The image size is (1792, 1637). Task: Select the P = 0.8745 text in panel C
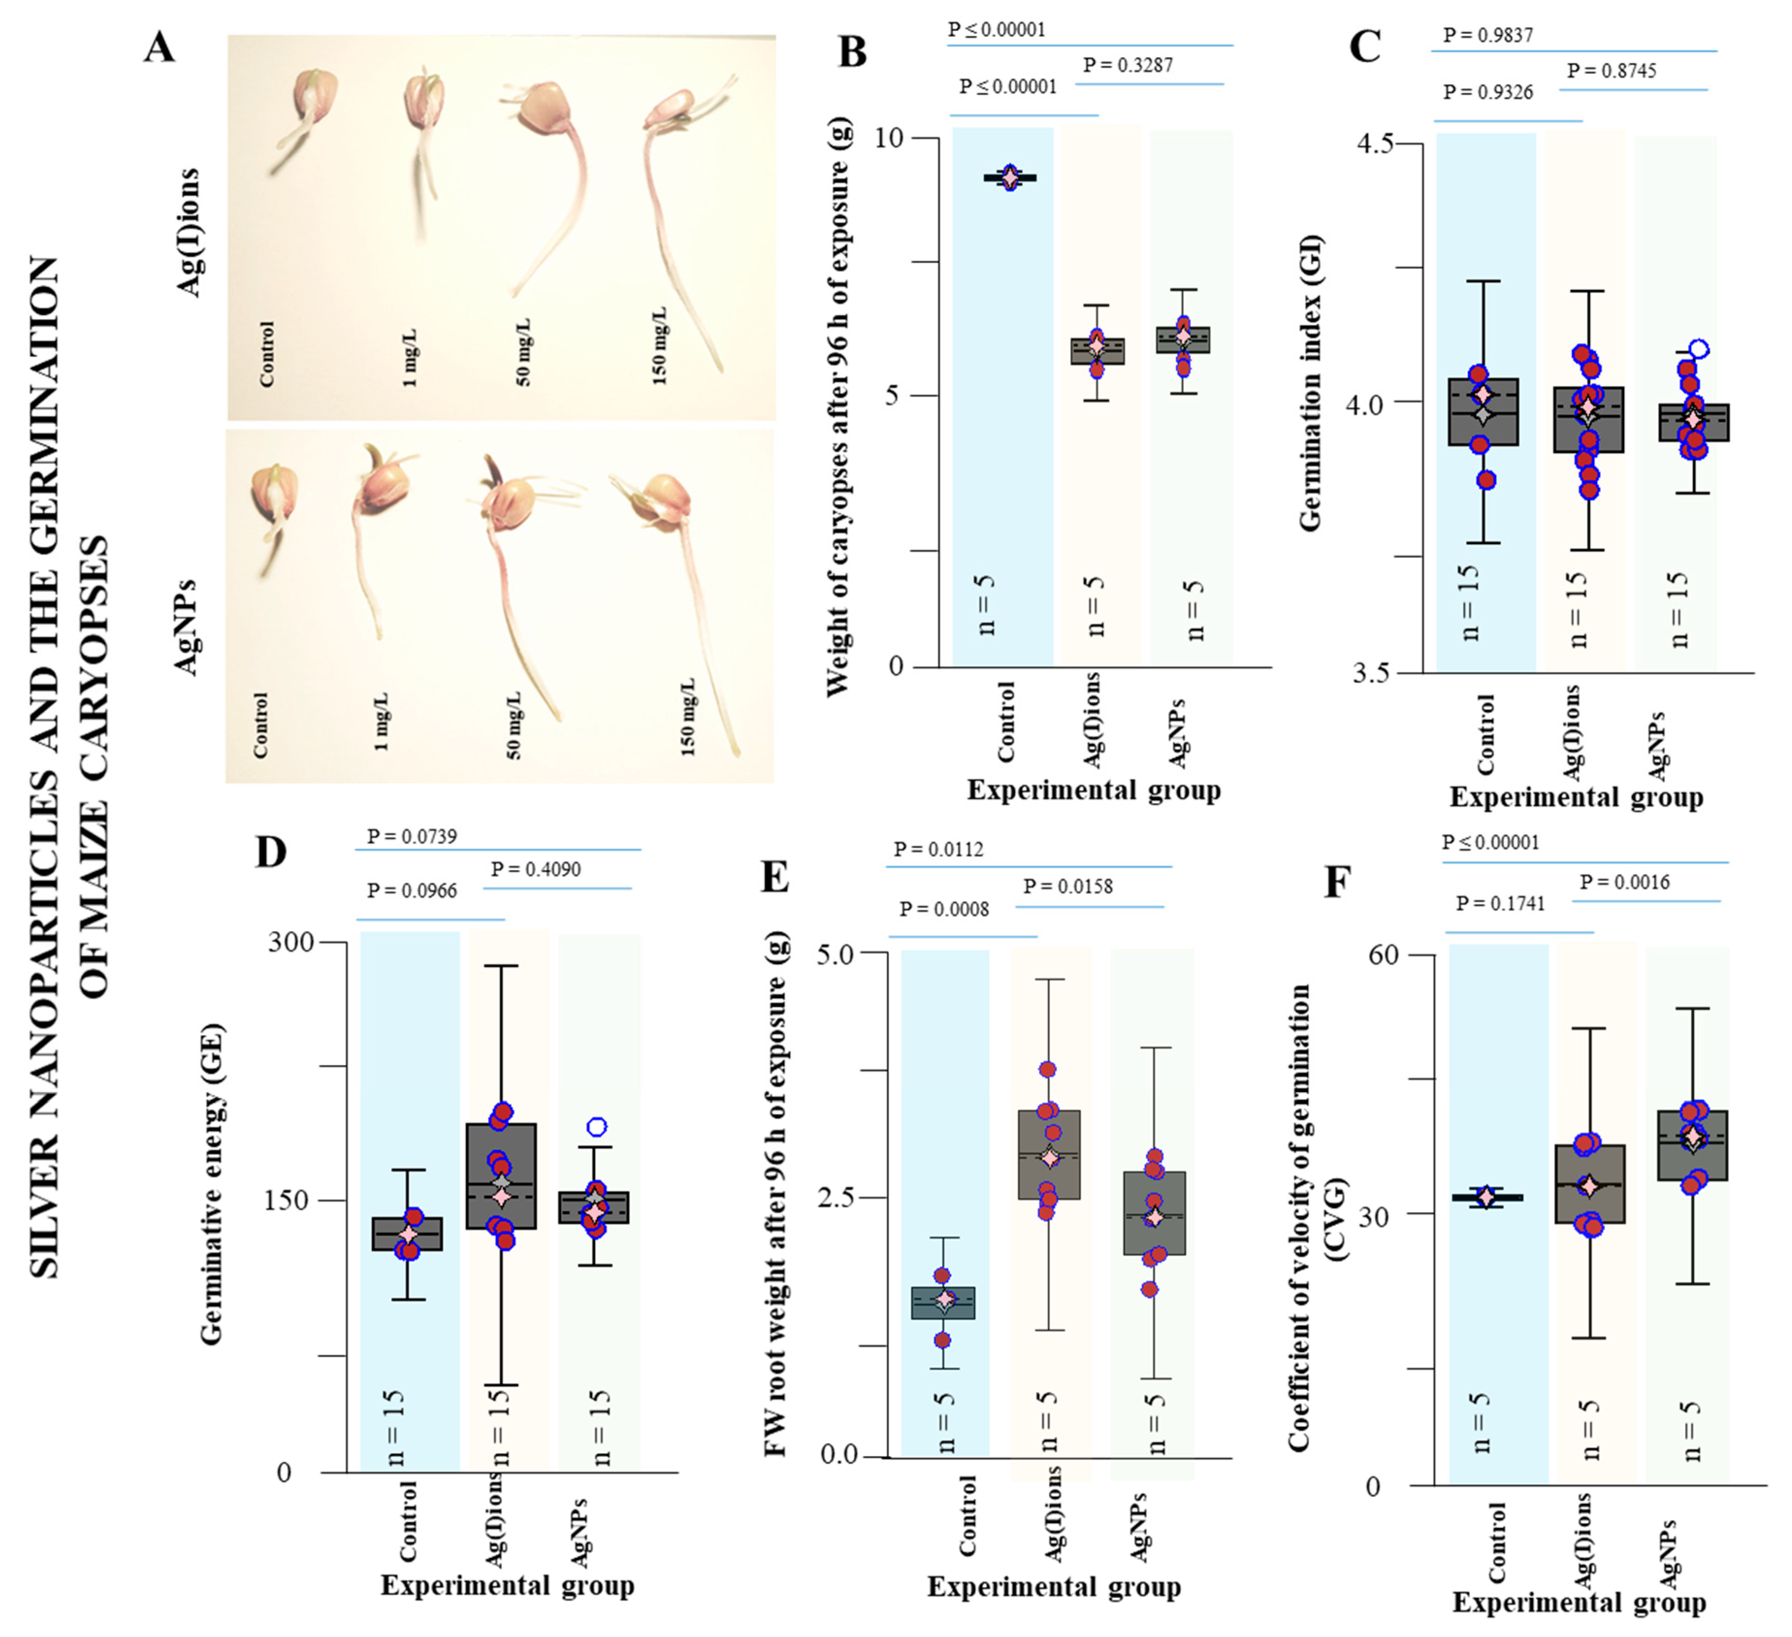coord(1612,71)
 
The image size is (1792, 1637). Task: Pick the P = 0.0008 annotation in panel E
coord(944,909)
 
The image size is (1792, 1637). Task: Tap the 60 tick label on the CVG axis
coord(1383,955)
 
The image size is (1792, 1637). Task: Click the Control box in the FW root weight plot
coord(944,1303)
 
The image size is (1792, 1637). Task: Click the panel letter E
coord(775,878)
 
